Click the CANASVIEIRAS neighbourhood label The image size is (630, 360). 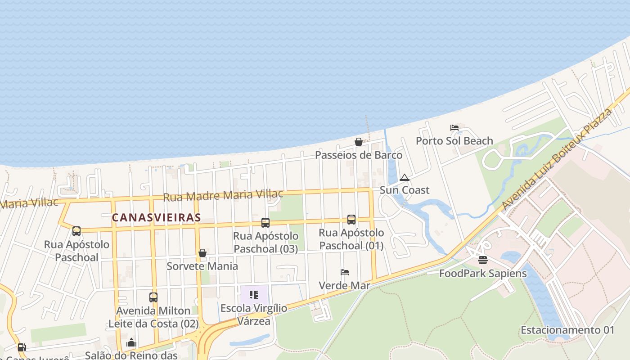[156, 218]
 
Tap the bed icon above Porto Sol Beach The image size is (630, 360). [454, 128]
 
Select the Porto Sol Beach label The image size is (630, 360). [454, 141]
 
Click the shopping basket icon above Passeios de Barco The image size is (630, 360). [359, 142]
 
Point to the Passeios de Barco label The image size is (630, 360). [359, 155]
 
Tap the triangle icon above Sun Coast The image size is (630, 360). [405, 177]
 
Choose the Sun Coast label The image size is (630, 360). [405, 190]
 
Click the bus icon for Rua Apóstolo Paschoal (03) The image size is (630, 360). [265, 222]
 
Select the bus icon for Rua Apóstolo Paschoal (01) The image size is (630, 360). [351, 220]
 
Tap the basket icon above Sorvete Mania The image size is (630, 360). [202, 253]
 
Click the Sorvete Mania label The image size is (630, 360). [202, 266]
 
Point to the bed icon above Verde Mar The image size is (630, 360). [345, 272]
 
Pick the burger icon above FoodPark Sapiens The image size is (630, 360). [483, 260]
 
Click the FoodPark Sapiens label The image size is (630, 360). [483, 273]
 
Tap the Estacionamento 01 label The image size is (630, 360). [567, 330]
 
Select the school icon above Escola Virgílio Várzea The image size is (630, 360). [254, 295]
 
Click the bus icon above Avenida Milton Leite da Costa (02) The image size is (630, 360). [153, 297]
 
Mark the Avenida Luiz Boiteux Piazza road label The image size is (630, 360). [558, 159]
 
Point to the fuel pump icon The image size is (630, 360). [21, 347]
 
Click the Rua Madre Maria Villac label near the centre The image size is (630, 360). [223, 196]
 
